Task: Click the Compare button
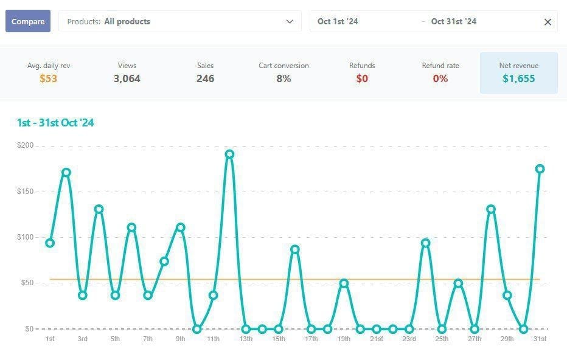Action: (28, 21)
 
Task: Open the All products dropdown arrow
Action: (290, 22)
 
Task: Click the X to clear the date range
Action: (548, 22)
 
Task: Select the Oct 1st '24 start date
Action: (338, 22)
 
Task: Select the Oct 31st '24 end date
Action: (453, 22)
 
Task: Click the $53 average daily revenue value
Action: (49, 78)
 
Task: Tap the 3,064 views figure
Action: (127, 78)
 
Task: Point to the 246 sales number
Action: (206, 78)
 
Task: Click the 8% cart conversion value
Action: (284, 78)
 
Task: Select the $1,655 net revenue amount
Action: (518, 78)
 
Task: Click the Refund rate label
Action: (440, 66)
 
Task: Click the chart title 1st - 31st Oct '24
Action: (55, 123)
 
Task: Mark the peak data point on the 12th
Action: (229, 154)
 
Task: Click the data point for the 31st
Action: (540, 169)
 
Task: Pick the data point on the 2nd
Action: (66, 173)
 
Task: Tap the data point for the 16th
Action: (294, 249)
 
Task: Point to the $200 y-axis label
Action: (26, 145)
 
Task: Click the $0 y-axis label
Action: (29, 329)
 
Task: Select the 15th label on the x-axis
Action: (279, 339)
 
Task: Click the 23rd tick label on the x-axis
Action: (409, 339)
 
